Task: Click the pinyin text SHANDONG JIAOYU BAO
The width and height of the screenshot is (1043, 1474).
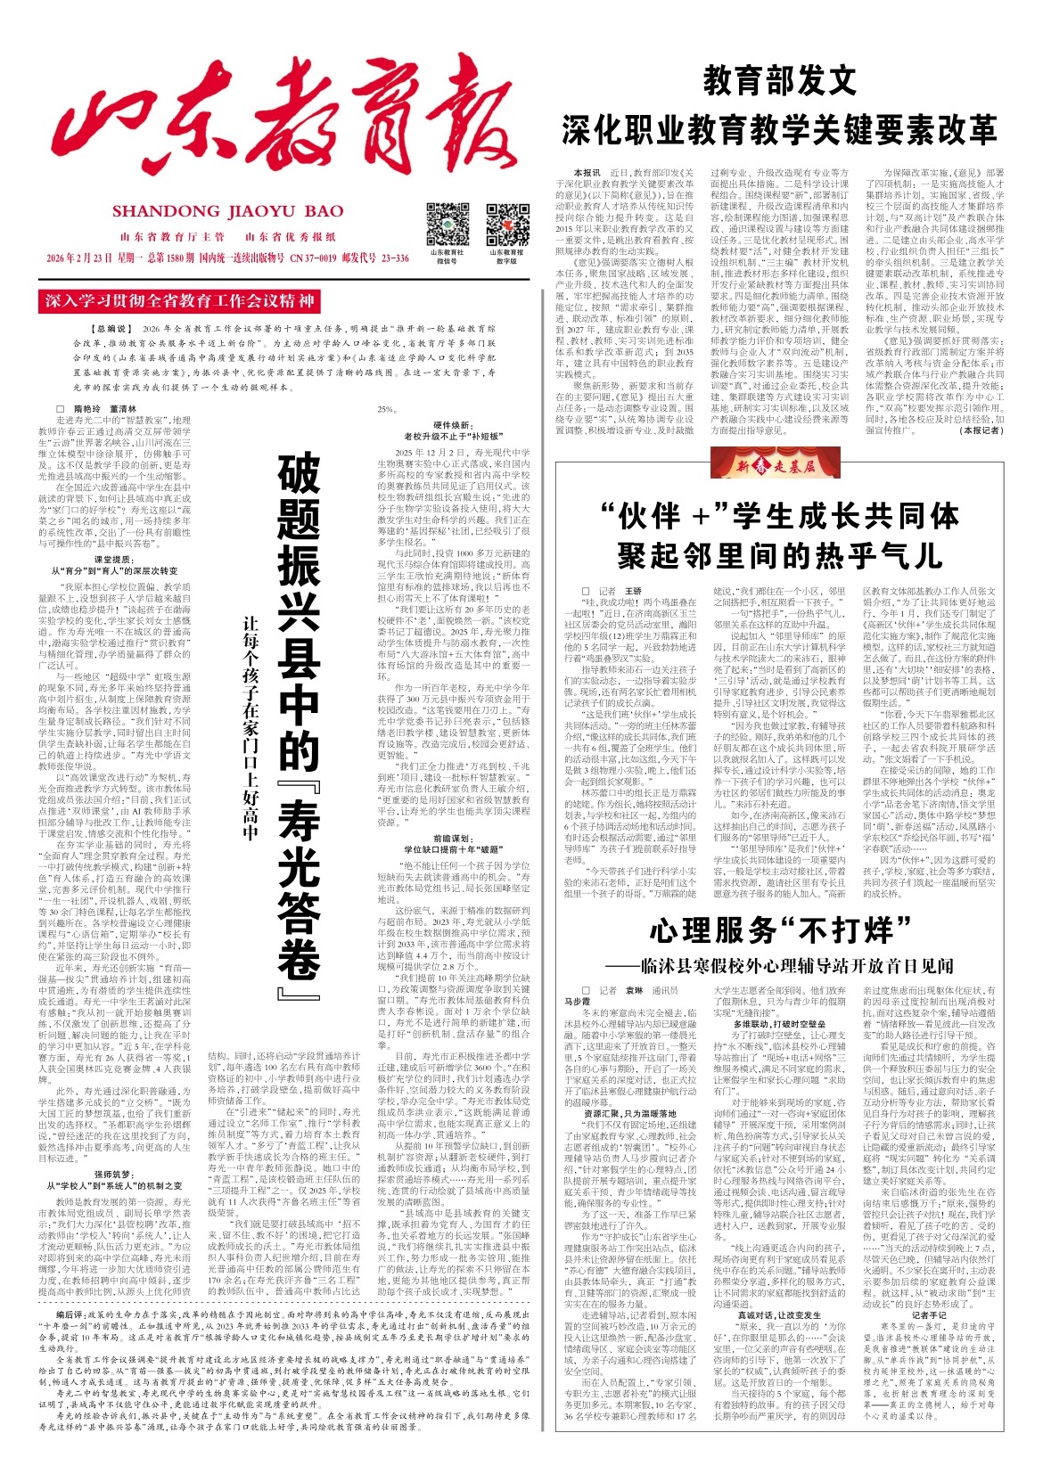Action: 227,211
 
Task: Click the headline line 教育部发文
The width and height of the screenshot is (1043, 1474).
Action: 779,81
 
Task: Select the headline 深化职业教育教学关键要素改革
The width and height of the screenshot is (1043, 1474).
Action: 779,130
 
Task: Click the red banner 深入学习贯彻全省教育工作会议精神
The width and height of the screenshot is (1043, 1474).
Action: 179,301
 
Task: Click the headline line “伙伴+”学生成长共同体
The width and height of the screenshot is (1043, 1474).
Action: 779,516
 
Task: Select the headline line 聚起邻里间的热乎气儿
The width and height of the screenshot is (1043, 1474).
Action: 779,556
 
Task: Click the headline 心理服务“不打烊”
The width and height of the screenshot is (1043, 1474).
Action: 771,931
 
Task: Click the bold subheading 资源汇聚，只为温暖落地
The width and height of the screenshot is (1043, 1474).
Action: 630,1113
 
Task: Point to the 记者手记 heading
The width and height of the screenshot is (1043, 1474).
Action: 929,1314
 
